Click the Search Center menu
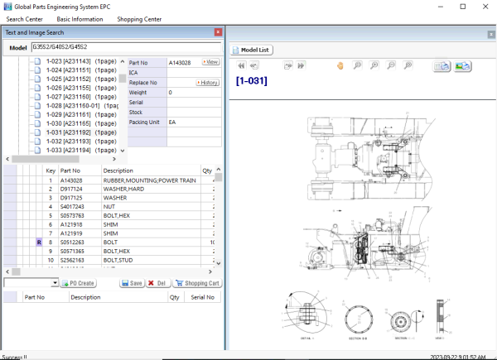24,18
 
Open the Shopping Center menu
139,18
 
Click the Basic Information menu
80,18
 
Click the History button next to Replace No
207,83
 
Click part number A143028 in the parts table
72,180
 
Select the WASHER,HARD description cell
125,189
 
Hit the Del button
156,283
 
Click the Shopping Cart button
197,283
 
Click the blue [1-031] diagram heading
251,81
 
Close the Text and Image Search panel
218,32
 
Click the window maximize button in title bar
460,6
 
